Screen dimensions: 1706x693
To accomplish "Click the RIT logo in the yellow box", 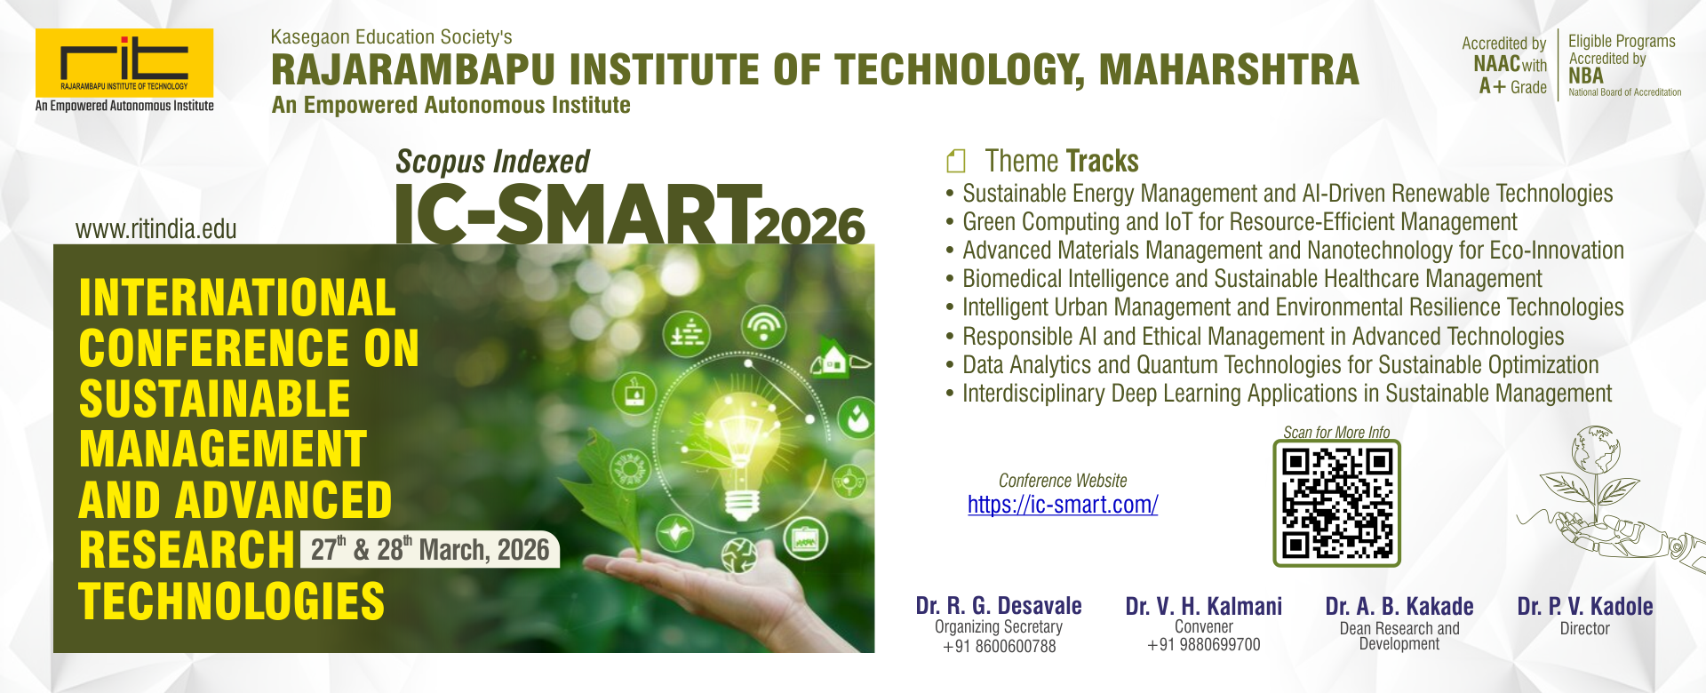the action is [x=124, y=62].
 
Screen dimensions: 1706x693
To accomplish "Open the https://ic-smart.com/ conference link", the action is [x=1063, y=505].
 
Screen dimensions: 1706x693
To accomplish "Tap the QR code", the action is [x=1336, y=503].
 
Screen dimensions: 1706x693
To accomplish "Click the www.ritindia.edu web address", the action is [x=156, y=229].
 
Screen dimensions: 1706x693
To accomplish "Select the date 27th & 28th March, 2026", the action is [x=430, y=549].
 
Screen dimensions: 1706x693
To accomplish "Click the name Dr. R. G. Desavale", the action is [x=999, y=606].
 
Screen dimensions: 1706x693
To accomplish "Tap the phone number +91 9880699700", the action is [x=1204, y=645].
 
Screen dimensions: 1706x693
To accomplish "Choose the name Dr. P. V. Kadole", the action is [x=1585, y=607].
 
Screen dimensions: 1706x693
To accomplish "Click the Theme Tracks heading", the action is [x=1062, y=161].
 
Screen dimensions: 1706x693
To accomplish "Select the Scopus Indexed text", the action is [x=492, y=162].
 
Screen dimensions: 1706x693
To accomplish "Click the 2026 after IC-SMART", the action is [x=809, y=226].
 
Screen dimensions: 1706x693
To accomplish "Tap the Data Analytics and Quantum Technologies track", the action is [x=1280, y=365].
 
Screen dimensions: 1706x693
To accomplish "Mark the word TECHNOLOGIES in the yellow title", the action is [x=232, y=601].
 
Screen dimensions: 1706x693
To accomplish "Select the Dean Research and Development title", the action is [x=1399, y=636].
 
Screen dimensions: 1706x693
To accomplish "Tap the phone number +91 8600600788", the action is [x=1000, y=647].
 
